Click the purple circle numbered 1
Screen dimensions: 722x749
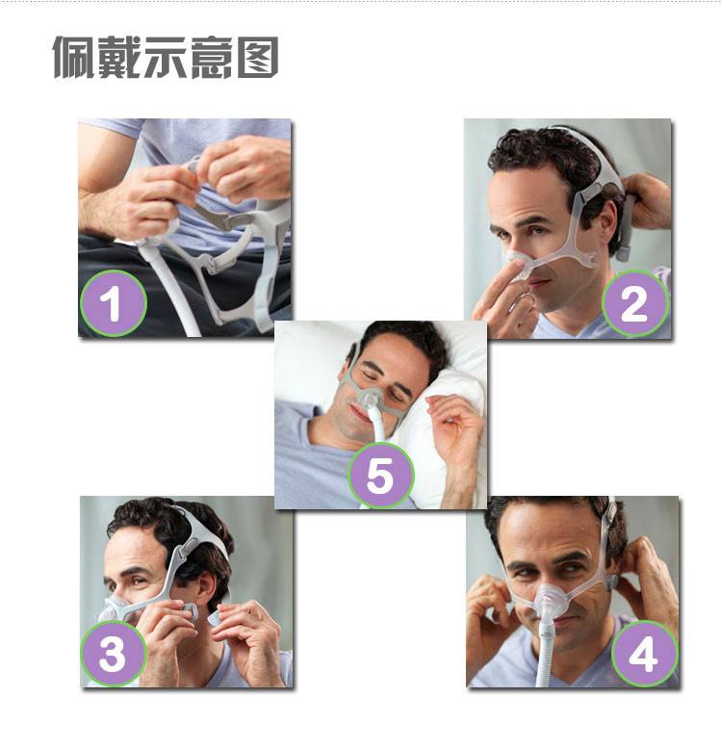(114, 303)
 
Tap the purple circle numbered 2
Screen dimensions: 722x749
(635, 303)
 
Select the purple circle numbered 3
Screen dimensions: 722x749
(114, 653)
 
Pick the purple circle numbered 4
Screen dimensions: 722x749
(644, 653)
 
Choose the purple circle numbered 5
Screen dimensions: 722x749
(380, 475)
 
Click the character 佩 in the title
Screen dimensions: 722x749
(73, 58)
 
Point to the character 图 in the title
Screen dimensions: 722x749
(258, 58)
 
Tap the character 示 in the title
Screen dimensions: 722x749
(166, 58)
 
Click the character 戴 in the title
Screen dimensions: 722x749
(119, 58)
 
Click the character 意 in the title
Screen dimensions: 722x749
(212, 58)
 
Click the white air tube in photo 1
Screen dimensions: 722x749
(169, 287)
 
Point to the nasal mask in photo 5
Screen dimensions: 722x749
(370, 399)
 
